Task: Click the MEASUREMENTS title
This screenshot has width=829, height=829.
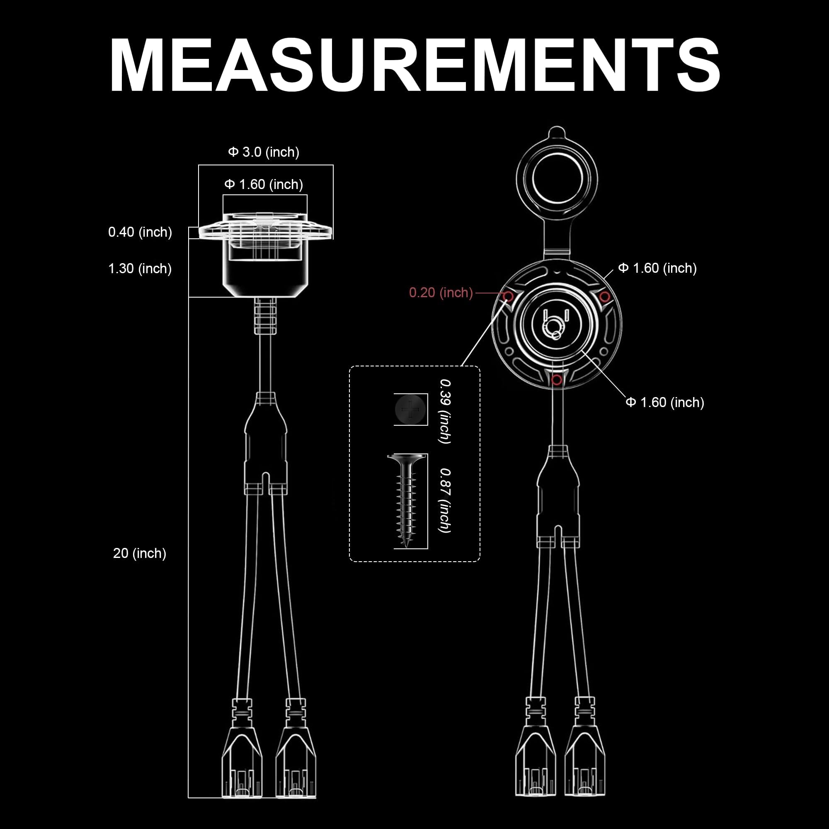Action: (x=414, y=65)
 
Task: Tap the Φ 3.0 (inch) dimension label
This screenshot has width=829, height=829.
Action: (x=264, y=152)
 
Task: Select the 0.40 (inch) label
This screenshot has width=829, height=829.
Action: (x=140, y=232)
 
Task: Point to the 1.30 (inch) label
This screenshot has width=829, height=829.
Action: (x=140, y=269)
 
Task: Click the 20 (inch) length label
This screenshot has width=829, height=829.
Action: (x=139, y=553)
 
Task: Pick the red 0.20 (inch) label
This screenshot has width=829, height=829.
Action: (x=441, y=293)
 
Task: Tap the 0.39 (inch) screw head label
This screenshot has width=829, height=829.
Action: (x=445, y=411)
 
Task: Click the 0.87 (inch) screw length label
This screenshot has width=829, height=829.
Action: (x=445, y=500)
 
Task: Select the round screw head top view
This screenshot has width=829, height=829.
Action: (x=411, y=410)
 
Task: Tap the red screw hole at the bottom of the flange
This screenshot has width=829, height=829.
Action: (x=557, y=380)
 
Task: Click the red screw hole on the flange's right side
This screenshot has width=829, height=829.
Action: (x=605, y=296)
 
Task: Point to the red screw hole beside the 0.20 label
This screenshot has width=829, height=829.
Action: (x=508, y=296)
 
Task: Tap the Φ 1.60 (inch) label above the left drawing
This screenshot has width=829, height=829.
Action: (x=264, y=184)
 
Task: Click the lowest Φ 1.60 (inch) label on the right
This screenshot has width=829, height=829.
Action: (x=665, y=402)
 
